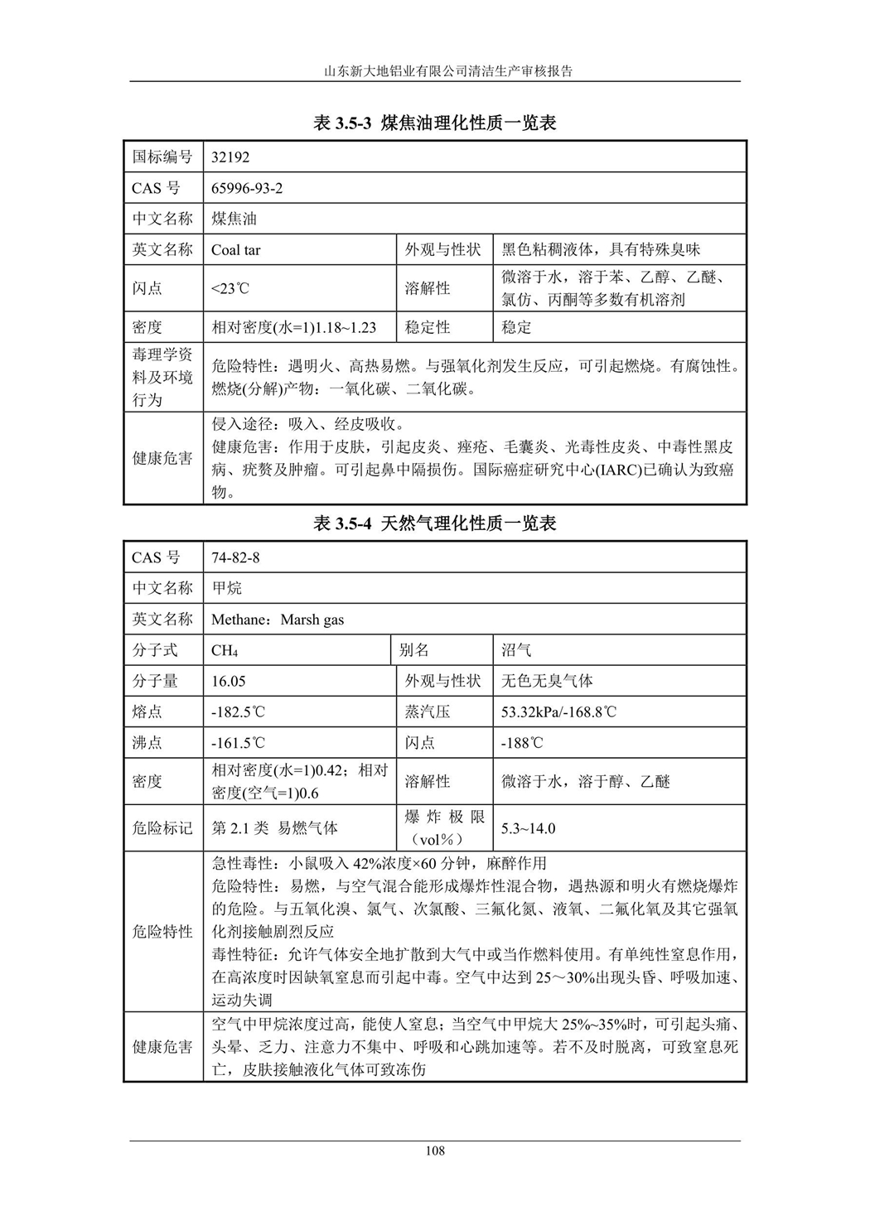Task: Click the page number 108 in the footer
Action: click(434, 1150)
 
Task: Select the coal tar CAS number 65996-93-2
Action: click(247, 188)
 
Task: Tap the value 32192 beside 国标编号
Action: click(230, 157)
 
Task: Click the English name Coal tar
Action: click(236, 249)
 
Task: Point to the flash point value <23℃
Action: click(230, 288)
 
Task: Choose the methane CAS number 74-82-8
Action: click(235, 557)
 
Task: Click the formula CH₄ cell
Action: click(225, 650)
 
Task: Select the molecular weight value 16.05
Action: click(229, 681)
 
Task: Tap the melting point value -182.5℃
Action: click(239, 711)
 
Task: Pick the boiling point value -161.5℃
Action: click(239, 743)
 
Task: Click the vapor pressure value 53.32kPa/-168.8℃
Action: click(558, 711)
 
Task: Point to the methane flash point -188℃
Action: click(522, 743)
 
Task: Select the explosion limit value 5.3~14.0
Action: click(528, 828)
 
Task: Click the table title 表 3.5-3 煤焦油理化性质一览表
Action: click(434, 123)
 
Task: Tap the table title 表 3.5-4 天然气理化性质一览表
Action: click(434, 523)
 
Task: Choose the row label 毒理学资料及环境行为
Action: click(162, 377)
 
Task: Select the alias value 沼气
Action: click(516, 650)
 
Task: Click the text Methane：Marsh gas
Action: click(278, 620)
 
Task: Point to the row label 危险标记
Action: click(162, 828)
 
